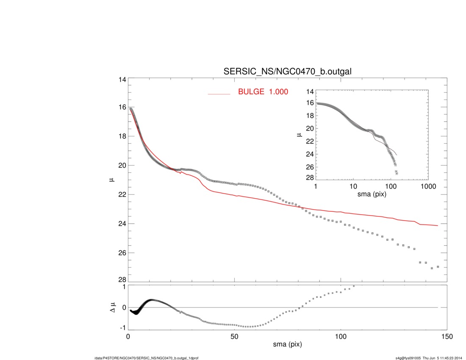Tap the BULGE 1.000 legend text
tap(263, 91)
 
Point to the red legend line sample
tap(219, 94)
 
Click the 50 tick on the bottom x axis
tap(234, 336)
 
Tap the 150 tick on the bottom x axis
tap(447, 336)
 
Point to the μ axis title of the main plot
tap(111, 180)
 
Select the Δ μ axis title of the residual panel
tap(111, 307)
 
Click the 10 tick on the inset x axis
tap(353, 186)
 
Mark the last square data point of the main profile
tap(438, 267)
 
